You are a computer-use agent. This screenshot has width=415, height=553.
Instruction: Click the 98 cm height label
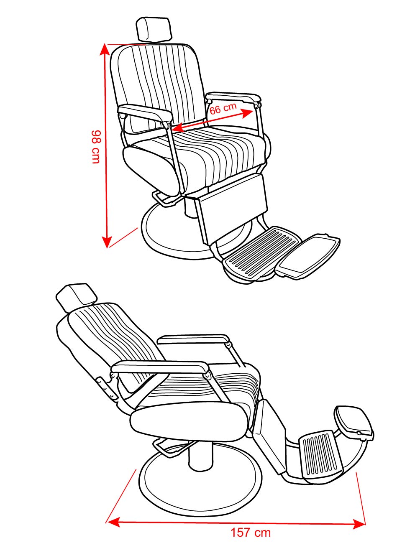(96, 147)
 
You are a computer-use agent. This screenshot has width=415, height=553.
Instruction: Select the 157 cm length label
(251, 533)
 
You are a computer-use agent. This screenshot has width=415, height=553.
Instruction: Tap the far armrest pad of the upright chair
(233, 97)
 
